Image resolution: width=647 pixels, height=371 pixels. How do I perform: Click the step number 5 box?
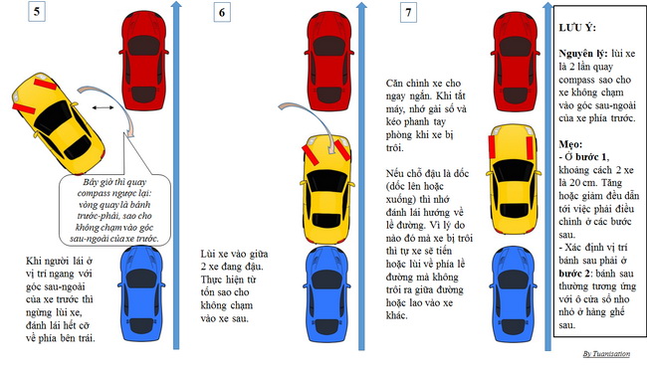37,11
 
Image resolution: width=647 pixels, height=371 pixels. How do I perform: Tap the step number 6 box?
222,12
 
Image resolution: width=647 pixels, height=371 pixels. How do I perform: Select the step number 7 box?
408,12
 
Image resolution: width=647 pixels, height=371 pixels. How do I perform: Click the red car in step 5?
144,61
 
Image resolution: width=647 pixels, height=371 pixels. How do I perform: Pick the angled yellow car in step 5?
58,123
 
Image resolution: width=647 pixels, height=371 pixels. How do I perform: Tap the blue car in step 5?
141,293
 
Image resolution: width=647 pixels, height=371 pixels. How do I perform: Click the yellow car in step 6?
327,189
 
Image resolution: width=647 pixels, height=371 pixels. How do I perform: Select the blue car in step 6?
327,293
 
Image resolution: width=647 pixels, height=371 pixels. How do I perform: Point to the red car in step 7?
515,61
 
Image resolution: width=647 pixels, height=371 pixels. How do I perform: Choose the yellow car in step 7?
514,185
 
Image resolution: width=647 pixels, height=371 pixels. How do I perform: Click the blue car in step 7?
514,293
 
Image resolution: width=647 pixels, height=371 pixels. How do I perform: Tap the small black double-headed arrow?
103,108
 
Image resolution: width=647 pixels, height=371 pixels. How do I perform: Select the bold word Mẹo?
570,144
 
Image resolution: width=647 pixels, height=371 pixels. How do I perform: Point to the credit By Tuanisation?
606,354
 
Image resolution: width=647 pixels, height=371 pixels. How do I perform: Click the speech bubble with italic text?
114,210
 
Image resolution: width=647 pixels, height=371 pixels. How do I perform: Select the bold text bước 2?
574,274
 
